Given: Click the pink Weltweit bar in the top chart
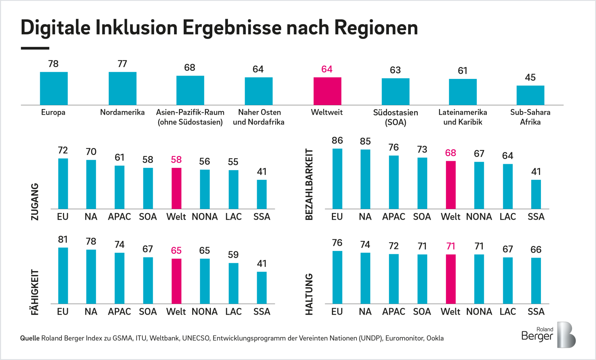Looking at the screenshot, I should (x=327, y=91).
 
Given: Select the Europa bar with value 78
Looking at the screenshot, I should (x=54, y=88).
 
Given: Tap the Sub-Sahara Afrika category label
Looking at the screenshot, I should (x=530, y=117).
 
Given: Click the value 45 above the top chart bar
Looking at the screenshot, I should (x=530, y=77).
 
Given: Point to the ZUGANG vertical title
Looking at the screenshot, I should (x=35, y=201).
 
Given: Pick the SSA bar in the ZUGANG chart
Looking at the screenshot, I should (x=261, y=194).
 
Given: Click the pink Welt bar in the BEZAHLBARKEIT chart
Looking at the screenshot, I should (x=450, y=185).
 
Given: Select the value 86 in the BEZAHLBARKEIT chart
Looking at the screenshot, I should (x=337, y=141).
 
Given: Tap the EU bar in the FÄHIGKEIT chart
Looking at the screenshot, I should (x=63, y=275).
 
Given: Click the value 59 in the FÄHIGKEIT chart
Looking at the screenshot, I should (x=233, y=255).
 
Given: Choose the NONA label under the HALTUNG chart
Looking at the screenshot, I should (x=479, y=312).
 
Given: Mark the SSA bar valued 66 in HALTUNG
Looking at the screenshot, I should (x=536, y=280).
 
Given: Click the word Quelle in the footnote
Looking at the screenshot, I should (x=30, y=338).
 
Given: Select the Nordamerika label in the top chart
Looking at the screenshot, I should (x=122, y=112).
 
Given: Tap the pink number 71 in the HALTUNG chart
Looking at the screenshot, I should (x=451, y=246).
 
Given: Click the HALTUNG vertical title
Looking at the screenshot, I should (x=309, y=294).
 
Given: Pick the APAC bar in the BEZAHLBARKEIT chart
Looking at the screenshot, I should (x=394, y=182).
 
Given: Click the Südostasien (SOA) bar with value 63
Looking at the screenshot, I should (x=395, y=92).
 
